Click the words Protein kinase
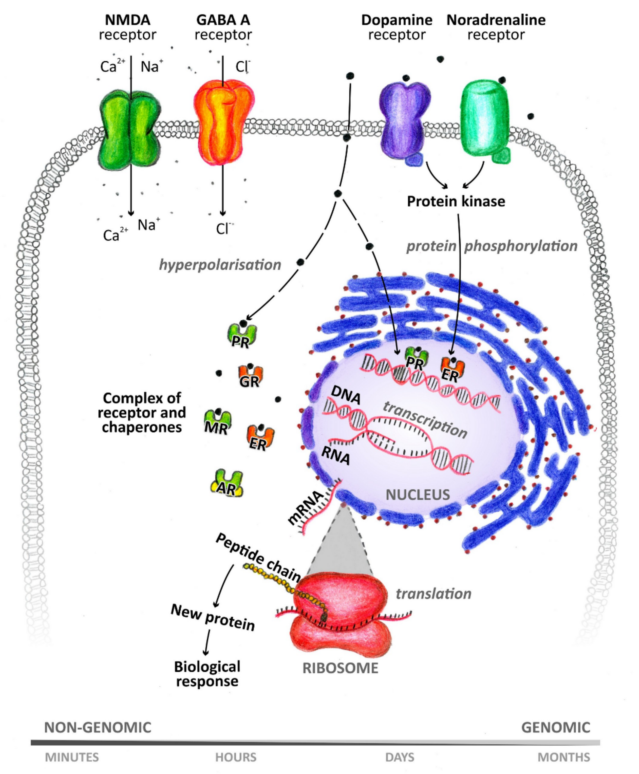tap(456, 202)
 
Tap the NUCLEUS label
tap(417, 495)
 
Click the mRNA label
tap(305, 508)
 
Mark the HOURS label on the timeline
tap(236, 757)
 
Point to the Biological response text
tap(207, 674)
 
